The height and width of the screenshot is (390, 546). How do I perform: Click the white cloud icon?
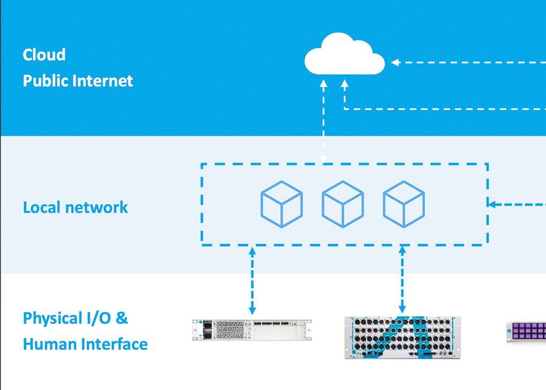tap(344, 55)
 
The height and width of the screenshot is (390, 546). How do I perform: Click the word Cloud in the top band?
tap(44, 54)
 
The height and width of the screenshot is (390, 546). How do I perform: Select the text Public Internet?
tap(78, 81)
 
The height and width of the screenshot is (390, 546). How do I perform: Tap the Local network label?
tap(75, 207)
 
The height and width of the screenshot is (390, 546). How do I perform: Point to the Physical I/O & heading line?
tap(75, 318)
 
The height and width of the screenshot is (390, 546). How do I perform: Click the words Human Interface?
tap(85, 344)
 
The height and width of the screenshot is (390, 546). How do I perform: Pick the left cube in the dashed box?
tap(282, 204)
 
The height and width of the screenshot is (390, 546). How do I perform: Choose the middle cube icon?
tap(343, 204)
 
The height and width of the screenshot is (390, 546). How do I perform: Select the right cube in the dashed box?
tap(404, 204)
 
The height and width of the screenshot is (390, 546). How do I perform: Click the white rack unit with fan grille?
tap(252, 330)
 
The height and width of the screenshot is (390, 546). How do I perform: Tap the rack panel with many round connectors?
tap(403, 337)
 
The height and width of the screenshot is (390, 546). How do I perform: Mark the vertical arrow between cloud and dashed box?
tap(323, 121)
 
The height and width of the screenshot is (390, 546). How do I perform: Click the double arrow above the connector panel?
tap(403, 279)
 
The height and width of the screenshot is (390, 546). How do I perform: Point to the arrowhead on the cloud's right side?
tap(395, 63)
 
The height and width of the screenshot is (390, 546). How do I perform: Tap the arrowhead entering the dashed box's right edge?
tap(491, 204)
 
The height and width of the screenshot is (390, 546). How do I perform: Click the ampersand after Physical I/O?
tap(122, 318)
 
